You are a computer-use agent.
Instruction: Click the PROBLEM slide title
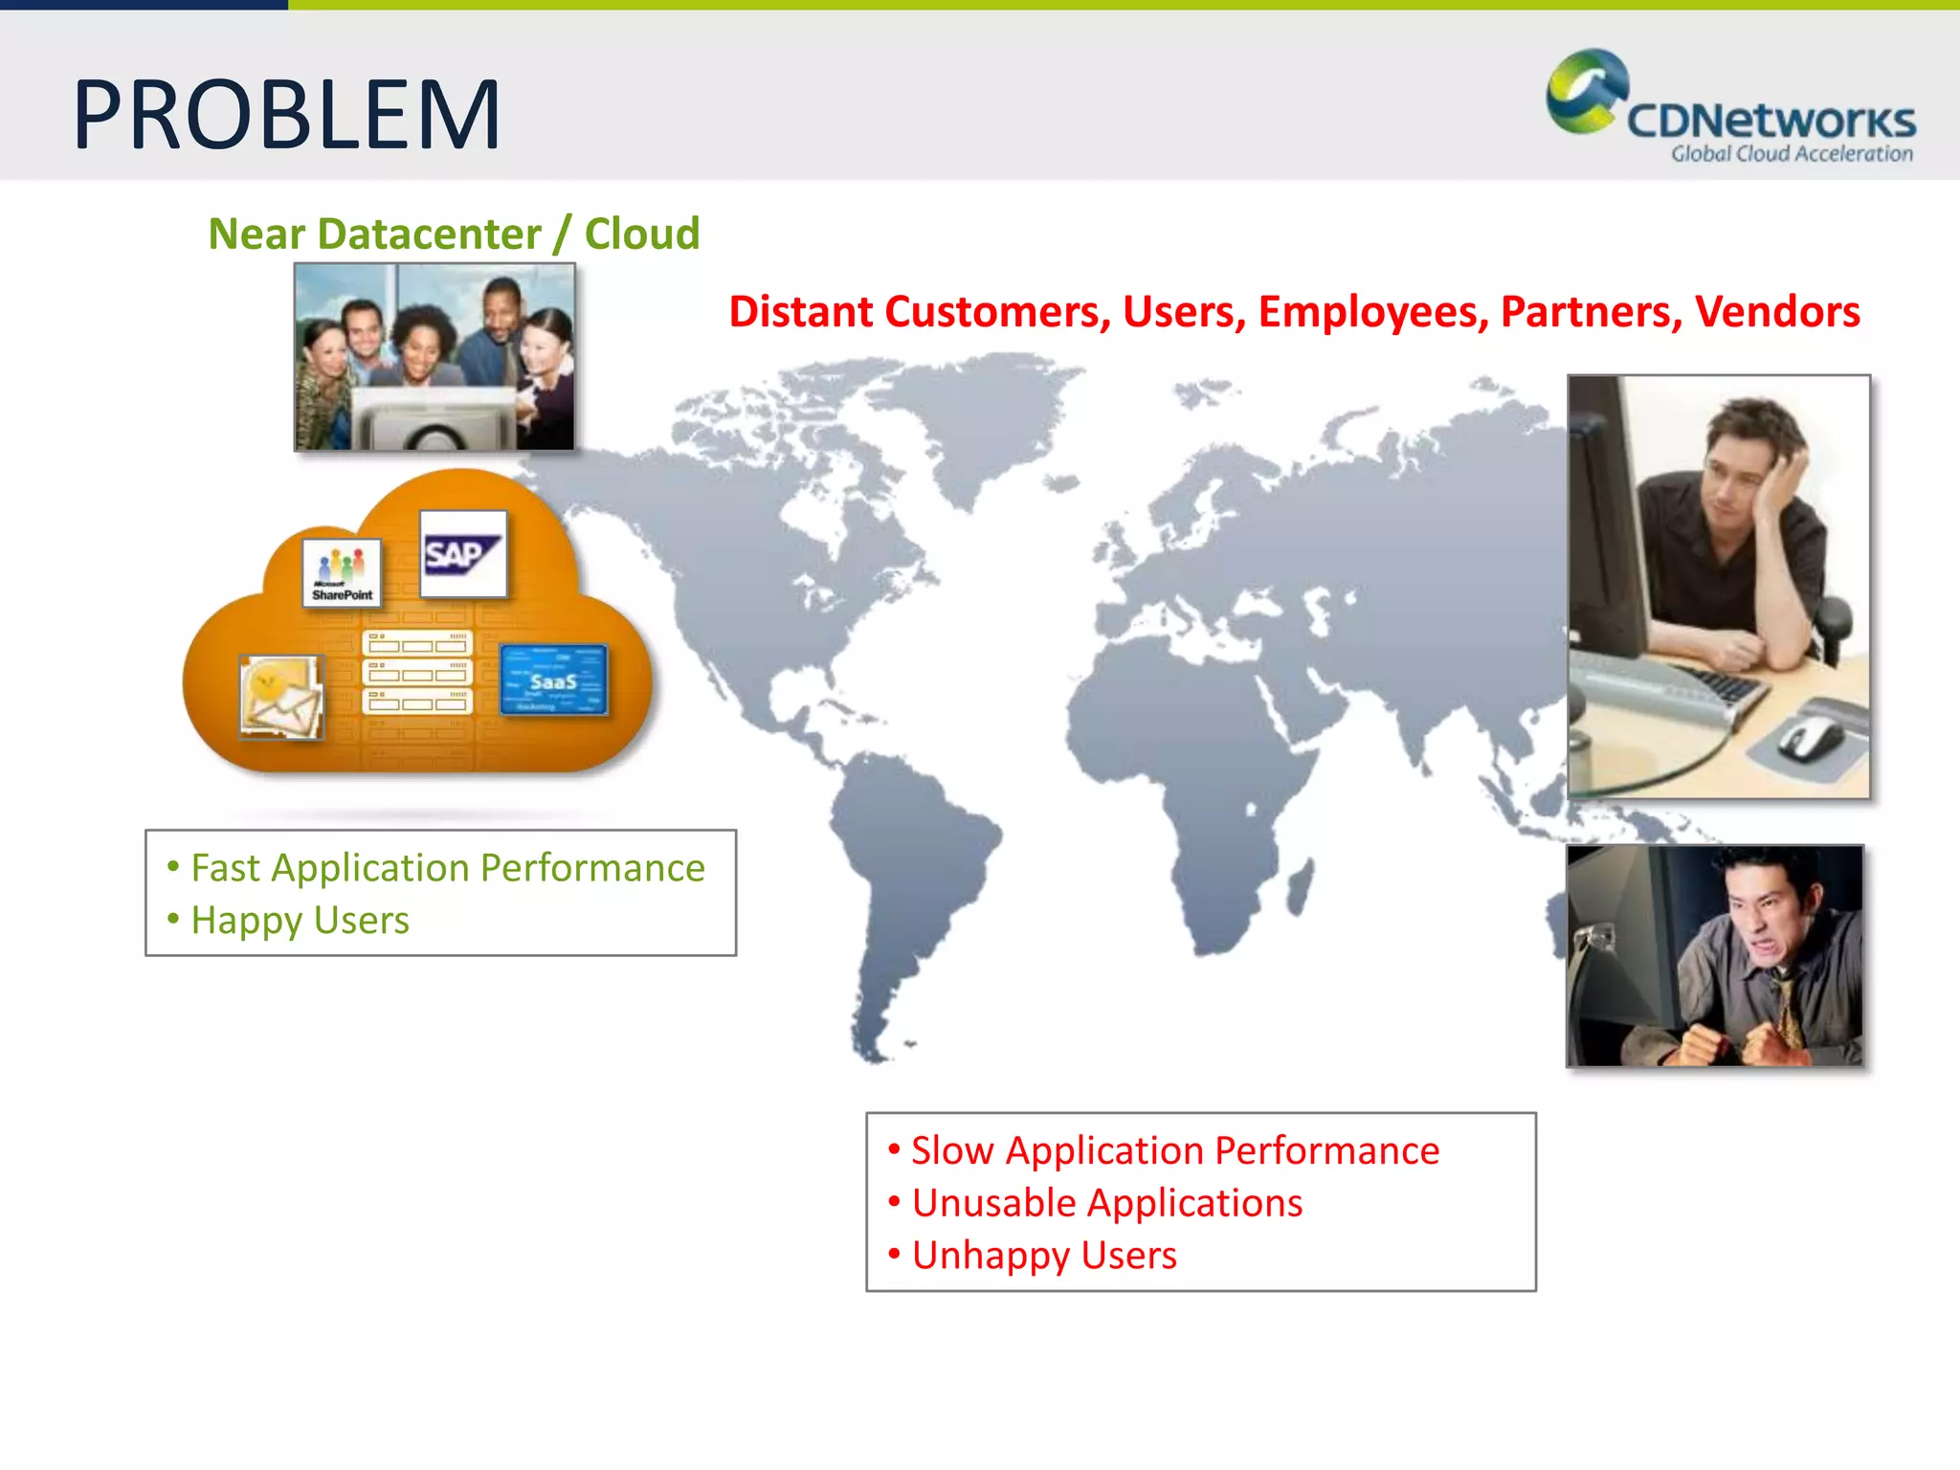(x=286, y=116)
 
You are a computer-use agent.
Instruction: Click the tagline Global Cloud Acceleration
(x=1792, y=154)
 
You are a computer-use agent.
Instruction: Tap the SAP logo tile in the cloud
(x=463, y=554)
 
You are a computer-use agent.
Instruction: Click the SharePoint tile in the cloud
(x=342, y=573)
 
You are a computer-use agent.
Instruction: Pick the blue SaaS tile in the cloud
(x=553, y=679)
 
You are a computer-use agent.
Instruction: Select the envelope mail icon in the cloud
(x=280, y=697)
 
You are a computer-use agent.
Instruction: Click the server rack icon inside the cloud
(x=417, y=673)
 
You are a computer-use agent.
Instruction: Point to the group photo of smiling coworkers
(x=434, y=356)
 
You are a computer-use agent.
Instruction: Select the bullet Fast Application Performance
(x=447, y=868)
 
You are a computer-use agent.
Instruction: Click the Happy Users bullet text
(x=300, y=921)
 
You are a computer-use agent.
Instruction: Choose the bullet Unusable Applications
(x=1106, y=1203)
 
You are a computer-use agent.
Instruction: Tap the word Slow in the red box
(x=951, y=1150)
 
